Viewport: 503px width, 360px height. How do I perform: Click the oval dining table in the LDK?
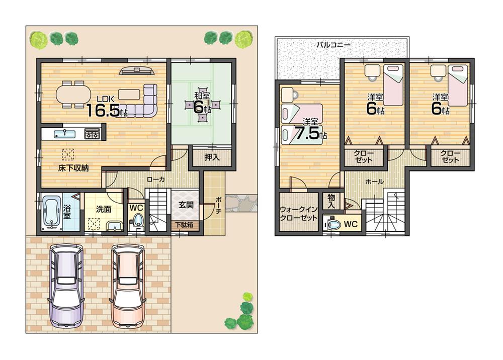tap(70, 94)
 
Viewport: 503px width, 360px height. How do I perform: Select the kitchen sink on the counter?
tap(64, 134)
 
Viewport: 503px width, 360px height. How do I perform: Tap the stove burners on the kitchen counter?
tap(92, 134)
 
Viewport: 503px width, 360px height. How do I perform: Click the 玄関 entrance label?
tap(186, 205)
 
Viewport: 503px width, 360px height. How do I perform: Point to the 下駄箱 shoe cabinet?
tap(184, 225)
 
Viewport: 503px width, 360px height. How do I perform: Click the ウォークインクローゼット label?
tap(298, 214)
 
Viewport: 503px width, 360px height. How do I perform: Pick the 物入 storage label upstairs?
tap(331, 202)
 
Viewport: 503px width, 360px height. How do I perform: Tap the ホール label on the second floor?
tap(375, 182)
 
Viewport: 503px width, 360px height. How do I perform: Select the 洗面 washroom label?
tap(104, 210)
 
